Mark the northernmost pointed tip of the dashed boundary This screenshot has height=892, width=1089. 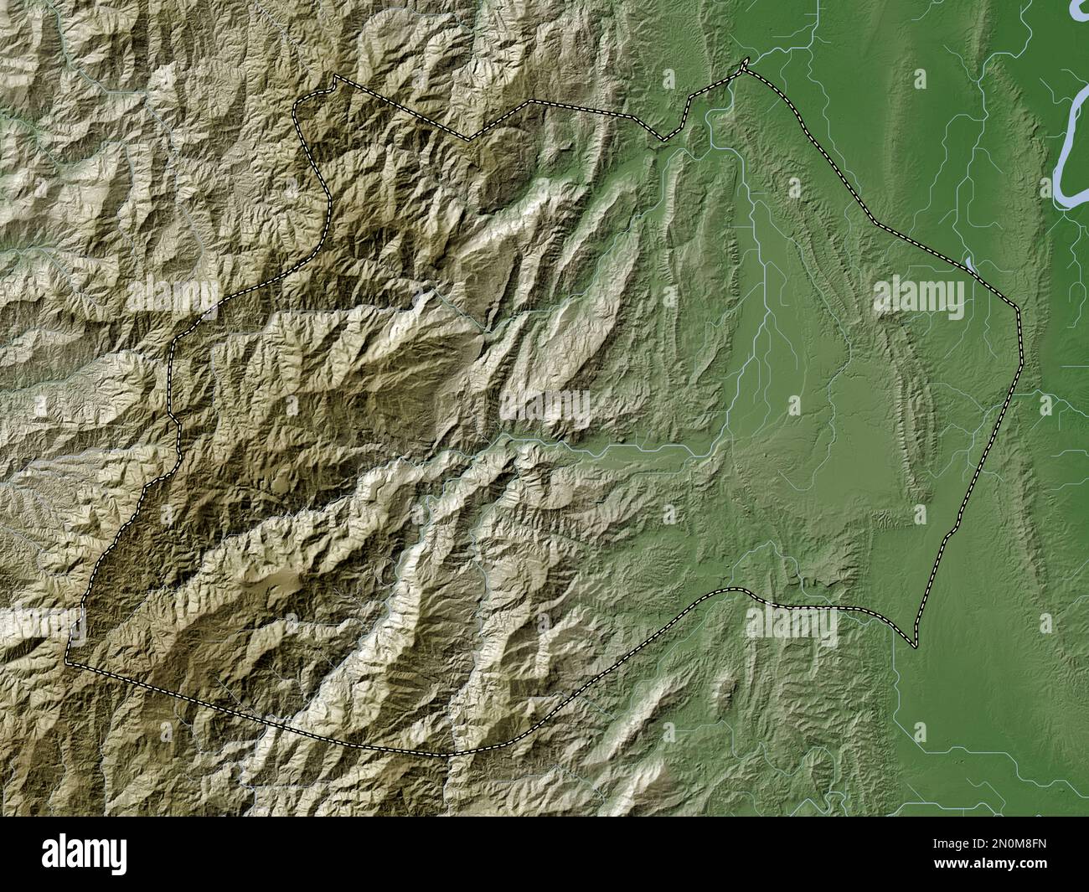(x=745, y=62)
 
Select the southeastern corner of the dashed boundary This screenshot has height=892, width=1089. (x=915, y=646)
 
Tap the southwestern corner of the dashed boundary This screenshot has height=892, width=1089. (x=69, y=662)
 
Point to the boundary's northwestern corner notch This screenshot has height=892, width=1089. (x=336, y=76)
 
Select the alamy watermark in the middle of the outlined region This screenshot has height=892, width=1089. (x=545, y=407)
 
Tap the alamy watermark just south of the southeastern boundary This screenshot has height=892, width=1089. (x=792, y=624)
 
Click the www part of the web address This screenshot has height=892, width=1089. (x=946, y=871)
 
